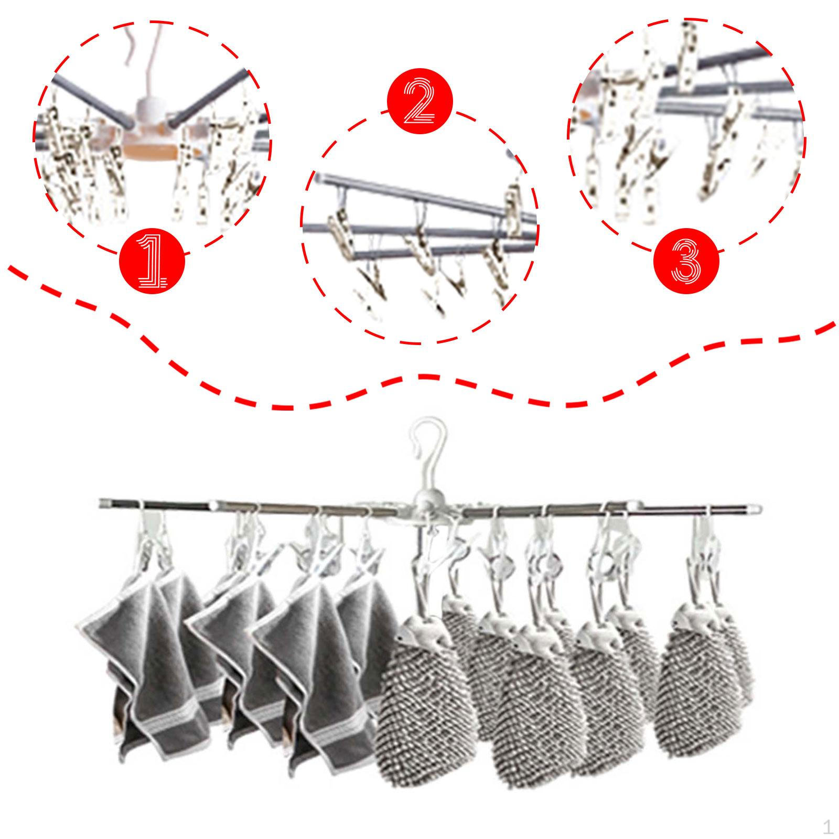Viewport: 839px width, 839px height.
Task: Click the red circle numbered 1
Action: (152, 261)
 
